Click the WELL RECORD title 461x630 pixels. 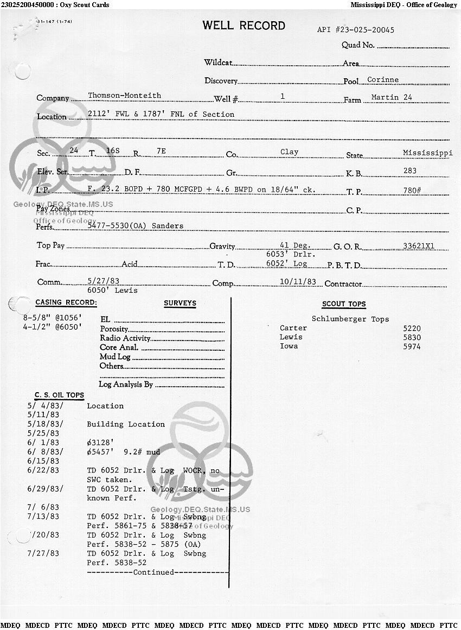point(244,26)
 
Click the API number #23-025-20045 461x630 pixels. point(356,30)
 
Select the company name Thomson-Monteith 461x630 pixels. point(124,96)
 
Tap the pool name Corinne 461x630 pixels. point(383,80)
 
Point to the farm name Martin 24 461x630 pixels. point(392,98)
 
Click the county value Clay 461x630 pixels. point(289,152)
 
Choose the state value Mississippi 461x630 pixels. point(427,153)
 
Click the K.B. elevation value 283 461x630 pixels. point(410,171)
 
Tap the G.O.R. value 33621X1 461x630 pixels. point(419,245)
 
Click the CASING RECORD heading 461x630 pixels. point(66,303)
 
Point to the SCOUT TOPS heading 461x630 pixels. point(344,304)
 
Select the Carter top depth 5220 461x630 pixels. point(412,329)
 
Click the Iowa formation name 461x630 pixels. point(289,346)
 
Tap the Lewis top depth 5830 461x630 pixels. point(412,337)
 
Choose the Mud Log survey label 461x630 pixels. point(115,357)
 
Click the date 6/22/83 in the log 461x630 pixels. point(43,470)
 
